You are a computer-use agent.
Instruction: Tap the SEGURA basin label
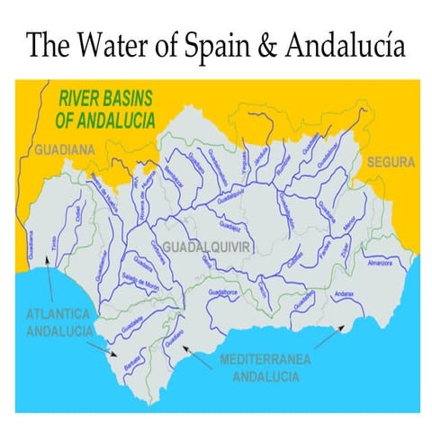(x=391, y=163)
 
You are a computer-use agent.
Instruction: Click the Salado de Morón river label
(x=140, y=284)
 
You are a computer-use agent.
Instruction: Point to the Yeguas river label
(x=244, y=160)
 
